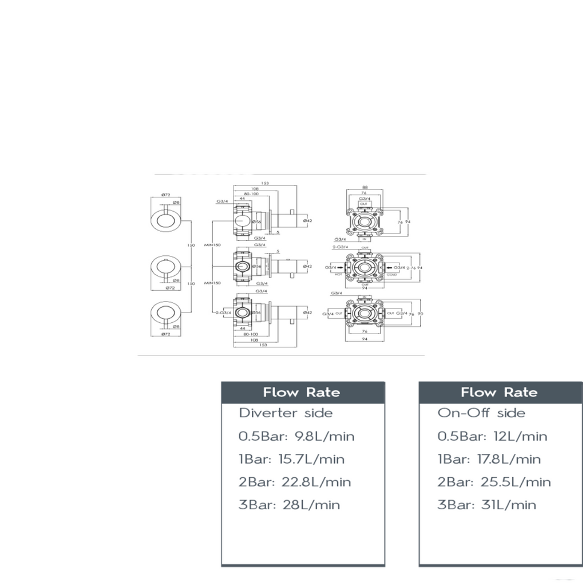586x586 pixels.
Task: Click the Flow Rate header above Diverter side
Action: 302,393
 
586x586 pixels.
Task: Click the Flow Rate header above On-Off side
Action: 499,393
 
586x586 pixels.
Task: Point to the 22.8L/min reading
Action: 320,482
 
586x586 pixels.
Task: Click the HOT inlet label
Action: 338,275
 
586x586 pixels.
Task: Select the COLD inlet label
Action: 391,275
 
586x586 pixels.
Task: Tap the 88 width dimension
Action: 365,187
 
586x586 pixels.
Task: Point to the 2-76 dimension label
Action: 411,267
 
